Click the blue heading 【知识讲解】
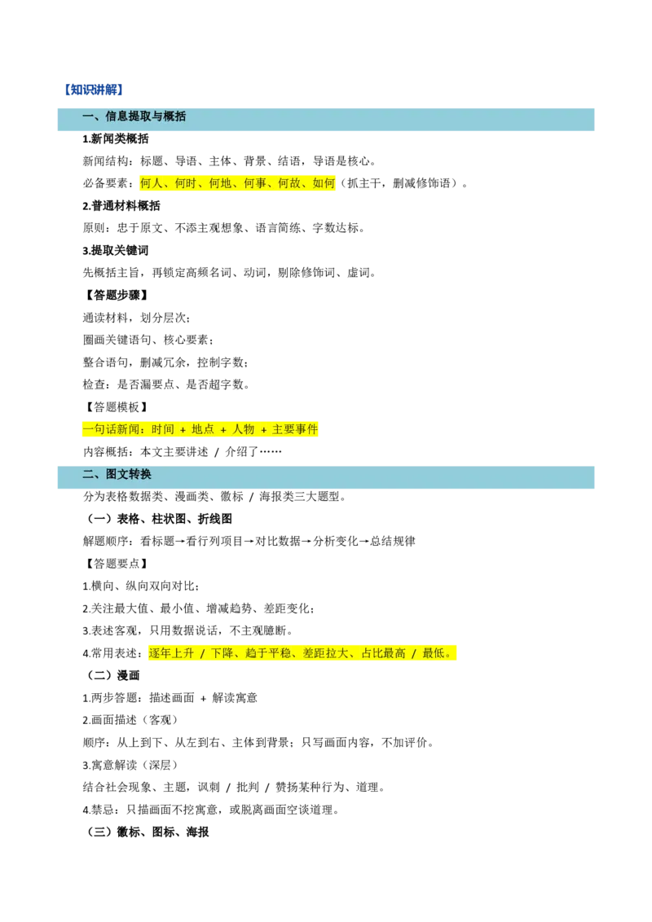pyautogui.click(x=94, y=90)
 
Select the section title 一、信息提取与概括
pyautogui.click(x=134, y=116)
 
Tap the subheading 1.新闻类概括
pyautogui.click(x=116, y=138)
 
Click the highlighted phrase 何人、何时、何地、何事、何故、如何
pyautogui.click(x=237, y=183)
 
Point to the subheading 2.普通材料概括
pyautogui.click(x=121, y=206)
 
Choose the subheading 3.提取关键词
pyautogui.click(x=116, y=251)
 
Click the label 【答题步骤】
pyautogui.click(x=116, y=295)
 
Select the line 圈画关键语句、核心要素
pyautogui.click(x=148, y=340)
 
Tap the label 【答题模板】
pyautogui.click(x=116, y=407)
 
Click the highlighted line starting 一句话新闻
pyautogui.click(x=200, y=429)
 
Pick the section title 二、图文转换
pyautogui.click(x=117, y=474)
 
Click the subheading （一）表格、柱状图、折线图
pyautogui.click(x=158, y=519)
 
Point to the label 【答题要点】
pyautogui.click(x=116, y=564)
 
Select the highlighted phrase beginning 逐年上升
pyautogui.click(x=302, y=653)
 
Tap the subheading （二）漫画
pyautogui.click(x=112, y=676)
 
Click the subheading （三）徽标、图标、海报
pyautogui.click(x=148, y=832)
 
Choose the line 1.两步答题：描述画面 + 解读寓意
pyautogui.click(x=170, y=698)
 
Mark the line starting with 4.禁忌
pyautogui.click(x=211, y=810)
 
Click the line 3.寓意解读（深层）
pyautogui.click(x=130, y=765)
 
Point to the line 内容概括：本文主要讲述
pyautogui.click(x=183, y=451)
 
